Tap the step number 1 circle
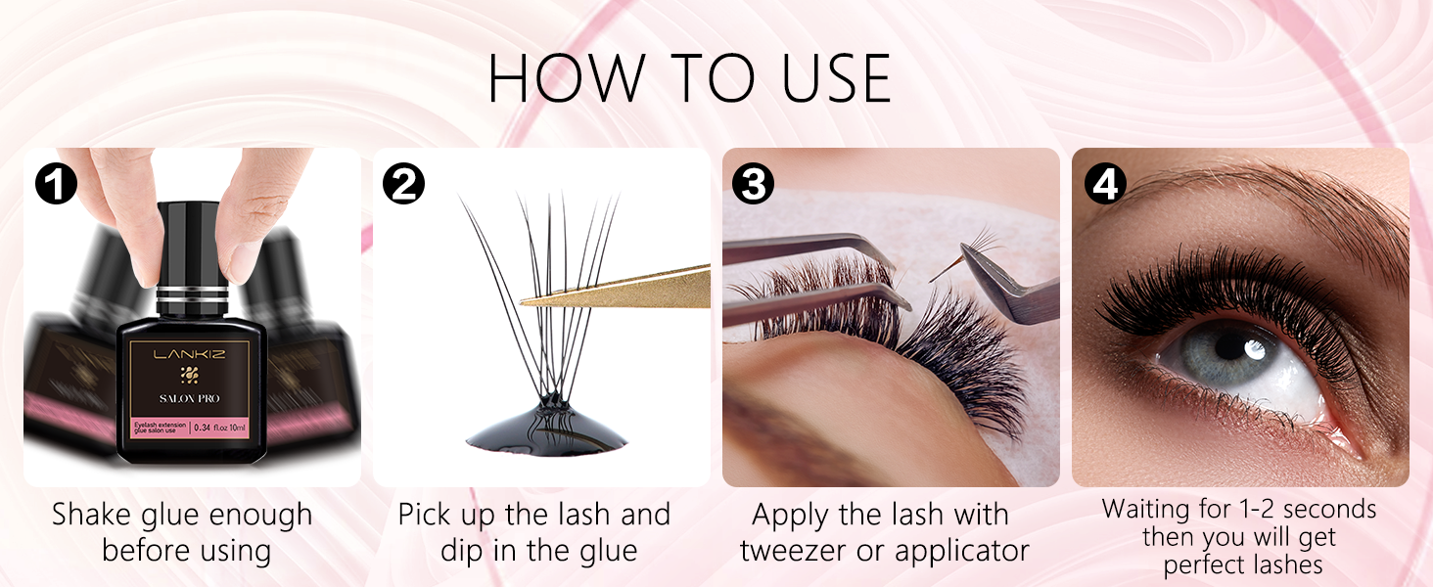click(x=55, y=183)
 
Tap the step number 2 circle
click(x=404, y=183)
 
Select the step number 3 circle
click(x=754, y=183)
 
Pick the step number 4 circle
click(x=1104, y=183)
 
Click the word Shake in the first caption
click(x=94, y=515)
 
